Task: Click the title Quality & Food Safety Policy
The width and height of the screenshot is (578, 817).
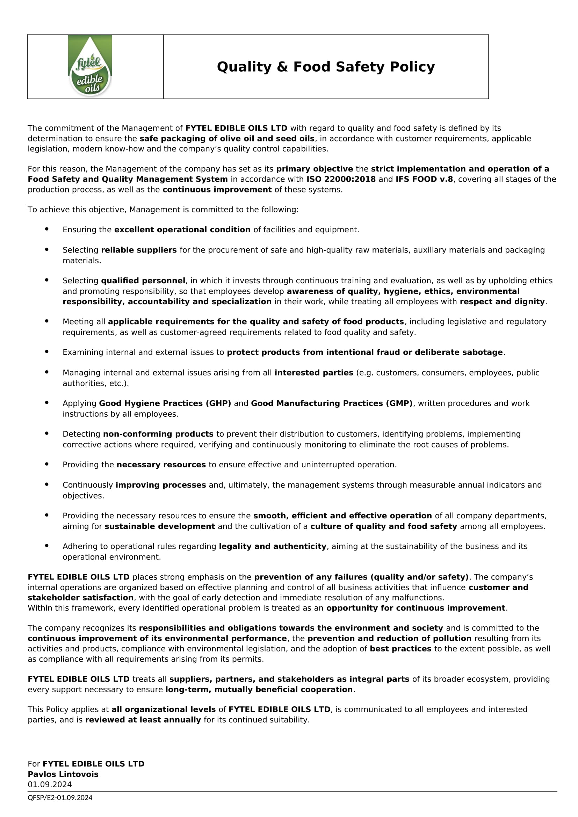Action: pyautogui.click(x=326, y=67)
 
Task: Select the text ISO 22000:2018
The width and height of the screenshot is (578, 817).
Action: pyautogui.click(x=341, y=179)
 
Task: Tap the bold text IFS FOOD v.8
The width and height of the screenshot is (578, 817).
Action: pyautogui.click(x=424, y=179)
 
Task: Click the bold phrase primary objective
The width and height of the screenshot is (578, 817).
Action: pyautogui.click(x=315, y=169)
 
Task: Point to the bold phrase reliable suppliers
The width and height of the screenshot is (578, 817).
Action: pyautogui.click(x=139, y=250)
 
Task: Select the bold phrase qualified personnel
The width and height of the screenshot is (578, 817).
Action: pyautogui.click(x=143, y=280)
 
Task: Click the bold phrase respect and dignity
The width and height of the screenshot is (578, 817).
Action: pyautogui.click(x=502, y=301)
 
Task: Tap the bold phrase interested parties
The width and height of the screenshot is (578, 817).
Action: pyautogui.click(x=314, y=373)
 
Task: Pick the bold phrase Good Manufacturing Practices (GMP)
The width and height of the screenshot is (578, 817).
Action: pyautogui.click(x=332, y=403)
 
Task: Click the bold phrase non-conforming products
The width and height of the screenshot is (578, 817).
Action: pyautogui.click(x=158, y=434)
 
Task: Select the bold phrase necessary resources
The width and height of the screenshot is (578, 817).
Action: pyautogui.click(x=161, y=464)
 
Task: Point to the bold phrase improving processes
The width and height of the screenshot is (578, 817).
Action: pyautogui.click(x=161, y=485)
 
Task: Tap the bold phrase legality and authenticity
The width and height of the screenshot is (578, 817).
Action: pyautogui.click(x=273, y=546)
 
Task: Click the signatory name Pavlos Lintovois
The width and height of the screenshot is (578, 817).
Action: pyautogui.click(x=63, y=774)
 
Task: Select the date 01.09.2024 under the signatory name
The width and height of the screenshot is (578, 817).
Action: pyautogui.click(x=50, y=785)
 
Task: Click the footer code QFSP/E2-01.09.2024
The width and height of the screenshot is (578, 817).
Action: pyautogui.click(x=60, y=798)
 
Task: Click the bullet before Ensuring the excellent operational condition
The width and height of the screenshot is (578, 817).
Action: pyautogui.click(x=46, y=229)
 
